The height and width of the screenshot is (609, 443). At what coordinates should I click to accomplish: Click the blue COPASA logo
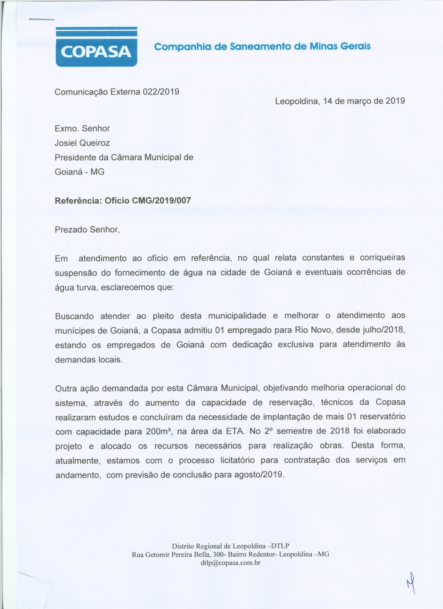tap(96, 47)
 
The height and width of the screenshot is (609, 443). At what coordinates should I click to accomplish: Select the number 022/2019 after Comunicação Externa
tap(161, 92)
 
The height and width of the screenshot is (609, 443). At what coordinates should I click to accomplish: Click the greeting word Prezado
tap(71, 230)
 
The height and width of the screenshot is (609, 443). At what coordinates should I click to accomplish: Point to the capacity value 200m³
tap(158, 432)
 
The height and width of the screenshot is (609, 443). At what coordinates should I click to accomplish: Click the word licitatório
tap(238, 460)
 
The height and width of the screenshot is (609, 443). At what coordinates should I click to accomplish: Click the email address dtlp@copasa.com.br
tap(230, 563)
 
